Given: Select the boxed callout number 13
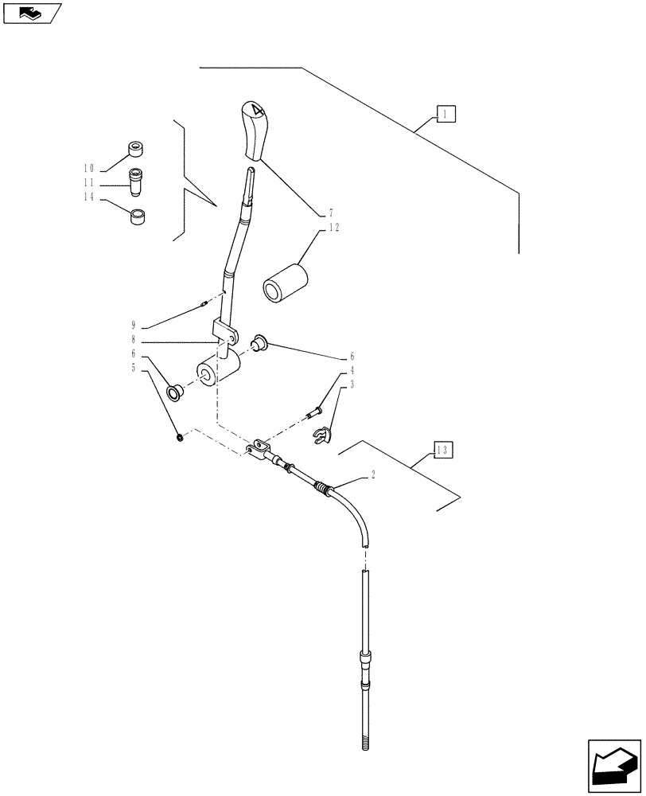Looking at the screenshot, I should click(x=445, y=451).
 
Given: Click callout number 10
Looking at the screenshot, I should click(x=88, y=168).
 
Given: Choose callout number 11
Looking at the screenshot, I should click(x=88, y=183).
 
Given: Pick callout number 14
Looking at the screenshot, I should click(x=88, y=197).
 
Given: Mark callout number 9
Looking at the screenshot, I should click(x=134, y=325).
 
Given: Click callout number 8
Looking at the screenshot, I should click(x=134, y=339).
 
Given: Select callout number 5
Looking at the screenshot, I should click(x=134, y=369).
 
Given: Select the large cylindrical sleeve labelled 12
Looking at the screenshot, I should click(x=286, y=281).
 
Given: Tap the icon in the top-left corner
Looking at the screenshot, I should click(x=31, y=13).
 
